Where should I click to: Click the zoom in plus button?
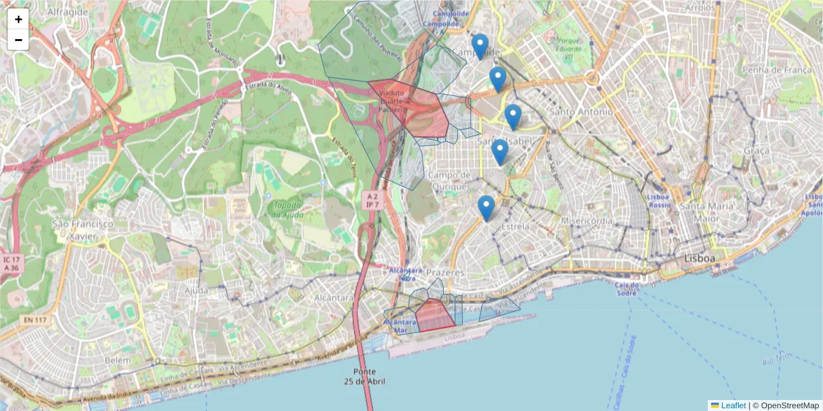18,19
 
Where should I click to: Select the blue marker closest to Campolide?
480,47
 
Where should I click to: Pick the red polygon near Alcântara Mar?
433,316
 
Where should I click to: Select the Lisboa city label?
700,258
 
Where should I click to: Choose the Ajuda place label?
195,290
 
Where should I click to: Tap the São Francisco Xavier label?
82,229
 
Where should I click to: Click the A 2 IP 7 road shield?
371,200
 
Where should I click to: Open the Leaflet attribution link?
728,406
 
